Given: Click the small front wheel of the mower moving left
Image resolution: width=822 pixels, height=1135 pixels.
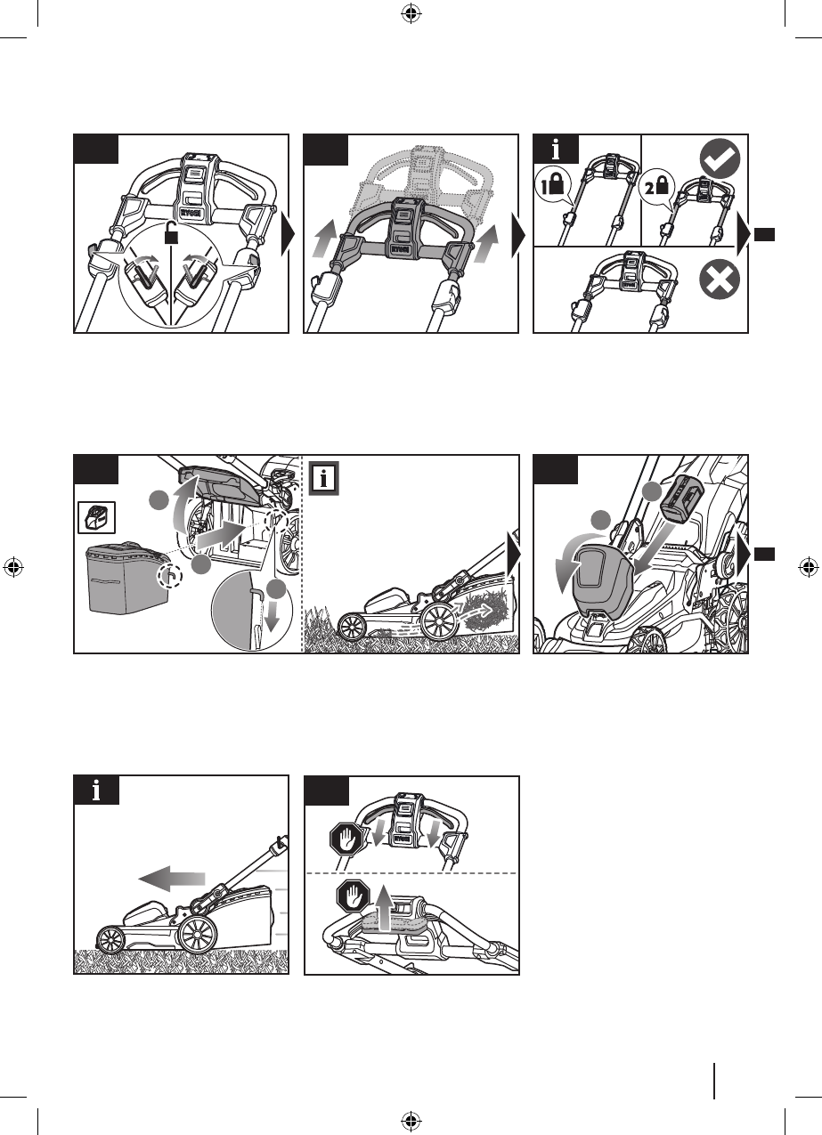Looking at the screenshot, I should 111,939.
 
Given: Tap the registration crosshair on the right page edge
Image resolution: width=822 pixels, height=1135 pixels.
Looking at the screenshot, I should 809,566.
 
